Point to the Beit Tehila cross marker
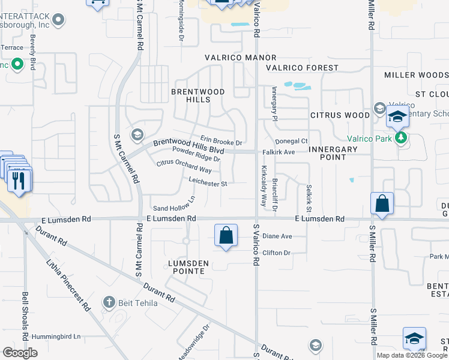point(109,302)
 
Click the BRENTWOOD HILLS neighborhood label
point(190,95)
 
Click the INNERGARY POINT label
point(328,152)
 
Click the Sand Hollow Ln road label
point(174,203)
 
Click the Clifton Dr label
point(276,253)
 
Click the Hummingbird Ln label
point(56,337)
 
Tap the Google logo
point(20,353)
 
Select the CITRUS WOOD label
point(340,115)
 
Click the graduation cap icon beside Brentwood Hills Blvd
point(137,134)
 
